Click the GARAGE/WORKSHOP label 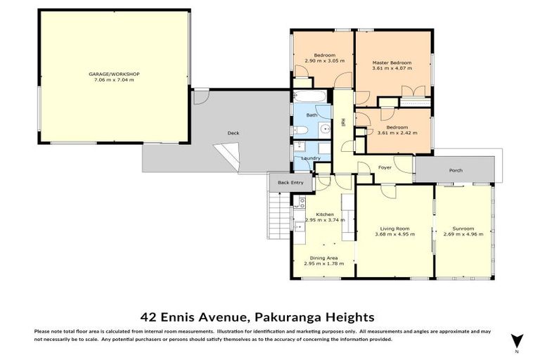pyautogui.click(x=113, y=74)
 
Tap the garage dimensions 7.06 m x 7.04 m pyautogui.click(x=113, y=80)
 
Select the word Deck pyautogui.click(x=233, y=133)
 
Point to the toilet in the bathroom pyautogui.click(x=298, y=129)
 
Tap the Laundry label pyautogui.click(x=311, y=158)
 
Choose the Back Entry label pyautogui.click(x=290, y=183)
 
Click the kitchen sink pyautogui.click(x=301, y=226)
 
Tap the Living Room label pyautogui.click(x=395, y=229)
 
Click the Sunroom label pyautogui.click(x=463, y=229)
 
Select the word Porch pyautogui.click(x=456, y=171)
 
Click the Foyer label pyautogui.click(x=385, y=167)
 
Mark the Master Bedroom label pyautogui.click(x=392, y=63)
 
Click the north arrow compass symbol pyautogui.click(x=517, y=340)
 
